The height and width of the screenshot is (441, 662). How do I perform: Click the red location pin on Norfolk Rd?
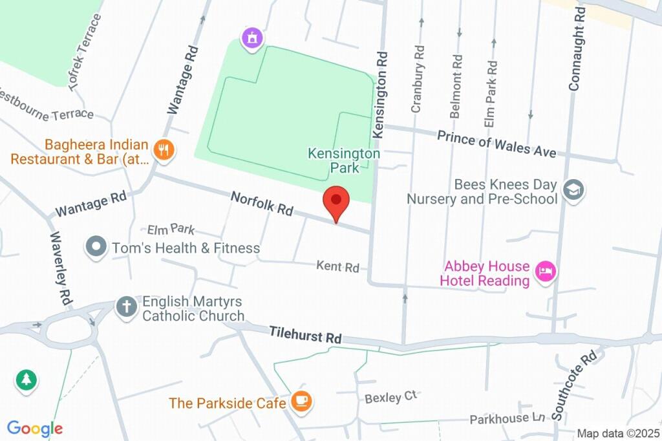336,201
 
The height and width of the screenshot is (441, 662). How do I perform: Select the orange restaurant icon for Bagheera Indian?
164,151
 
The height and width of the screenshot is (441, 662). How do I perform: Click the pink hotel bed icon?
546,273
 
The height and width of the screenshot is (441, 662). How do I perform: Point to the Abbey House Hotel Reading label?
485,274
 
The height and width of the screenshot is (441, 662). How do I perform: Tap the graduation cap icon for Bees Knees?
573,190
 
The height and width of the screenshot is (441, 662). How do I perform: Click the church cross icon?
126,307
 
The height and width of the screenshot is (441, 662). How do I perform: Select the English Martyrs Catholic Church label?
193,308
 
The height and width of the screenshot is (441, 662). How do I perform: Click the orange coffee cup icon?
301,402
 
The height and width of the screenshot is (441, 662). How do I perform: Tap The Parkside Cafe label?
227,403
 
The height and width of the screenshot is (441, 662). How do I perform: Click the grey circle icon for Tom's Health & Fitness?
96,247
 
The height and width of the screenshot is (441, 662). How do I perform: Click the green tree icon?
27,380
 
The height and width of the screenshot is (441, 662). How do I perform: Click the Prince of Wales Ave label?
496,144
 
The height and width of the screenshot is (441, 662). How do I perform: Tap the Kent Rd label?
337,266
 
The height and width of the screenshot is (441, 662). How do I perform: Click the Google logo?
34,428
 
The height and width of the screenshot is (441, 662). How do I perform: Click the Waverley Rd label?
60,268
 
